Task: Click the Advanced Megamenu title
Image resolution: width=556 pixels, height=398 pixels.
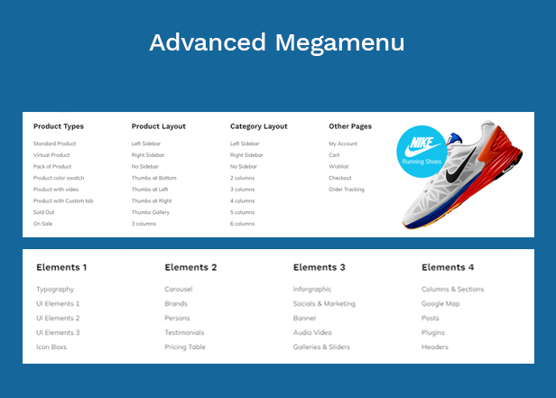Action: pos(277,43)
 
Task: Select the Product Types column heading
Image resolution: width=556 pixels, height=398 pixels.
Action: pos(59,126)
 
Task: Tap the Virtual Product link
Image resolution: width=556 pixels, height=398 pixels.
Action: pos(51,155)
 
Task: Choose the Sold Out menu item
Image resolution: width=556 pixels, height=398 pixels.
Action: pos(43,212)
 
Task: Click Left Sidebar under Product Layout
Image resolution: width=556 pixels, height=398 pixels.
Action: pos(146,143)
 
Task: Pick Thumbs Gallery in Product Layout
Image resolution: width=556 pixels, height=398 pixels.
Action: pos(151,212)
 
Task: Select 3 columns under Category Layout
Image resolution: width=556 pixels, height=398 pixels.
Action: pos(242,190)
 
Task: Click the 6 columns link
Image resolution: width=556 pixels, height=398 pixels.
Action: pos(242,224)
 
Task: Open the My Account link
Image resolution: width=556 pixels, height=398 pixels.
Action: pos(343,143)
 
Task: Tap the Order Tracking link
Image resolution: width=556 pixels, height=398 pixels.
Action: pos(347,190)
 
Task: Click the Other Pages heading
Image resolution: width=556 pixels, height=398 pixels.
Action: pos(350,126)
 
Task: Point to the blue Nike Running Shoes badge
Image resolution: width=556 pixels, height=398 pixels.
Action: pos(422,152)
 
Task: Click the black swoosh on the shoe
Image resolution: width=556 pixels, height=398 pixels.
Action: pos(460,167)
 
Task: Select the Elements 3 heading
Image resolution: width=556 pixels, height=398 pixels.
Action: pos(320,267)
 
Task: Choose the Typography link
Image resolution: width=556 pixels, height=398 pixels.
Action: pos(55,289)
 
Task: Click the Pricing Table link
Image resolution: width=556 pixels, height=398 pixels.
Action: pos(185,347)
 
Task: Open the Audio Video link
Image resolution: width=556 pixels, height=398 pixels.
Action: pos(312,332)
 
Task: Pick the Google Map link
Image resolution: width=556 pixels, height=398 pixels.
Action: pos(440,304)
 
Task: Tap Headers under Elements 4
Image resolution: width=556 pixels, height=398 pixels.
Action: pos(435,347)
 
